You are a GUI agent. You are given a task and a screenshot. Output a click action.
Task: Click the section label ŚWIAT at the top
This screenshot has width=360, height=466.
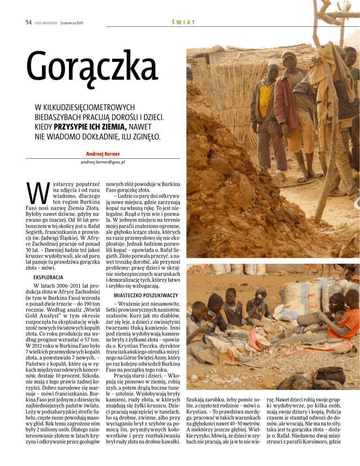point(183,23)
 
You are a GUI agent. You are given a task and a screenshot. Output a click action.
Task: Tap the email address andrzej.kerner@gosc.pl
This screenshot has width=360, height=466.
point(102,162)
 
